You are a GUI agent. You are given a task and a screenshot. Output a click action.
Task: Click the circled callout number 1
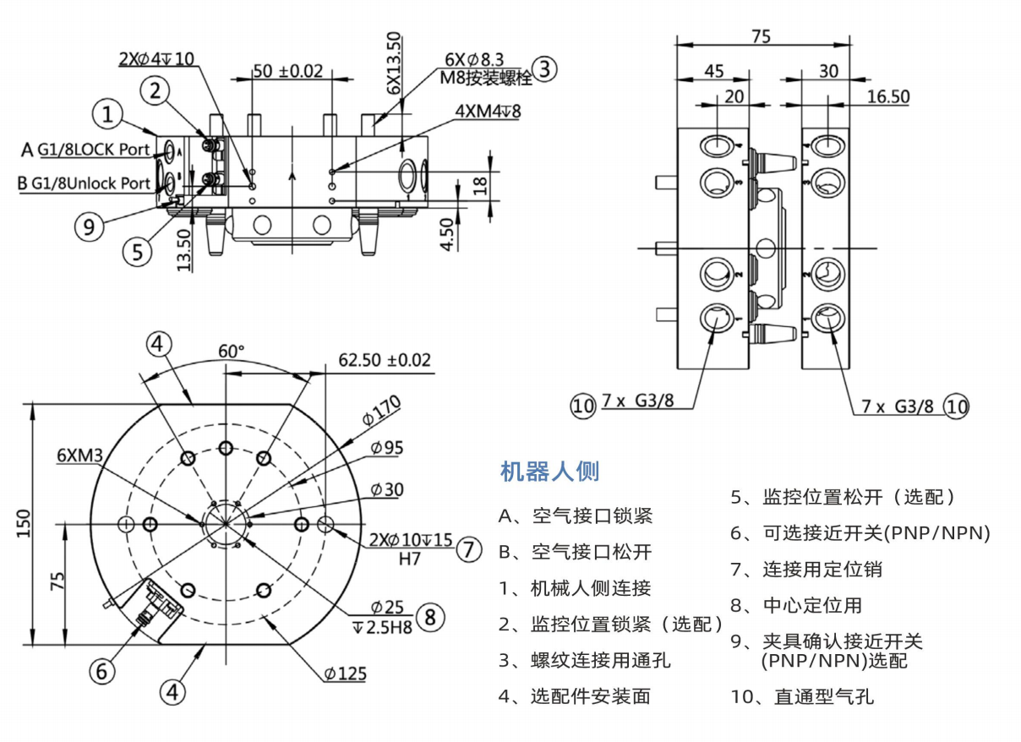point(107,114)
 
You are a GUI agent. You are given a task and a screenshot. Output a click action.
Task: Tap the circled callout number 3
point(545,68)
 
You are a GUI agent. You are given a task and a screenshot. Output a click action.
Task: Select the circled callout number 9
point(89,226)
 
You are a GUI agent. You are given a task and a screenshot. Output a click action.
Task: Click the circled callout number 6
point(101,671)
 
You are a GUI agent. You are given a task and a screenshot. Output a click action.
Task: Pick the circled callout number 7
point(469,549)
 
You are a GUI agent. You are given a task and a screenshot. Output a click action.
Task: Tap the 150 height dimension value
point(25,524)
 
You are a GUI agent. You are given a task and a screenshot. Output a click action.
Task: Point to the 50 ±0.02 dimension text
point(288,71)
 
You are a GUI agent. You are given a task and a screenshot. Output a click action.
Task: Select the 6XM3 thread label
point(79,456)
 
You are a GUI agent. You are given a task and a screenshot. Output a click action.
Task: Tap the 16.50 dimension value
point(888,97)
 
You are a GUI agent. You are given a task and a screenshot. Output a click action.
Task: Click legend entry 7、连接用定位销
point(806,570)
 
